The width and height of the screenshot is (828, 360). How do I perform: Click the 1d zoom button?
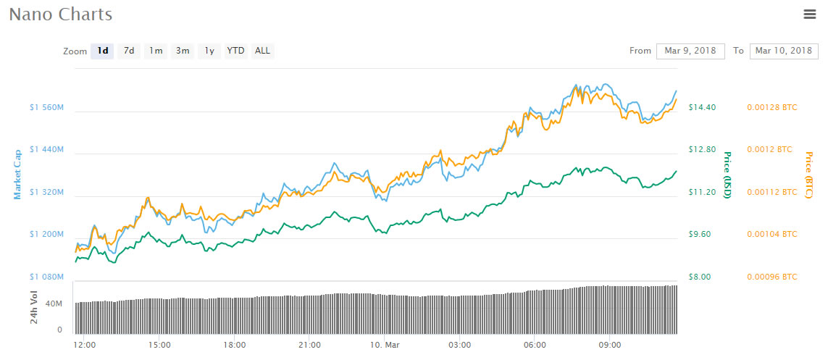click(x=103, y=51)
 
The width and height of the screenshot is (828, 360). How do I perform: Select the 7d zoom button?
click(x=128, y=51)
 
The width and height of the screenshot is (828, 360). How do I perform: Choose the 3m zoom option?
click(x=183, y=51)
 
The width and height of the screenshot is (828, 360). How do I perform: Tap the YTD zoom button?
click(x=235, y=51)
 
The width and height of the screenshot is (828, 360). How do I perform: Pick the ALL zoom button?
click(x=262, y=51)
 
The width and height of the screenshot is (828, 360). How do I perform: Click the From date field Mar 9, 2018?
click(x=690, y=51)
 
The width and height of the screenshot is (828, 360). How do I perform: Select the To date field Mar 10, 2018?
click(x=783, y=51)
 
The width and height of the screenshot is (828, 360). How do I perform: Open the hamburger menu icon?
click(x=810, y=14)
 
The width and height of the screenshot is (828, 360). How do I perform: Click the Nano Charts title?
click(x=60, y=14)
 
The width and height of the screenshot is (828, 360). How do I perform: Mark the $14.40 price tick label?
click(x=701, y=107)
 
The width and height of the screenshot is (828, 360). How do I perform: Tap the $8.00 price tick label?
click(x=700, y=277)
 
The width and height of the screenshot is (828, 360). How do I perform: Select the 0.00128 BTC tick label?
click(x=771, y=107)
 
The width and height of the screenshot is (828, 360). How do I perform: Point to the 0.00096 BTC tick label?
click(x=771, y=277)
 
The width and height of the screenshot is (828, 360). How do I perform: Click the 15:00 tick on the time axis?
click(x=159, y=345)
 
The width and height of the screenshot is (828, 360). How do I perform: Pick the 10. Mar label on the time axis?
click(x=385, y=345)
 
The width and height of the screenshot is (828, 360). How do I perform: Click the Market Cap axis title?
click(x=17, y=175)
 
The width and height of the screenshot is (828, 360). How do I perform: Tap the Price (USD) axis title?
click(x=727, y=175)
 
